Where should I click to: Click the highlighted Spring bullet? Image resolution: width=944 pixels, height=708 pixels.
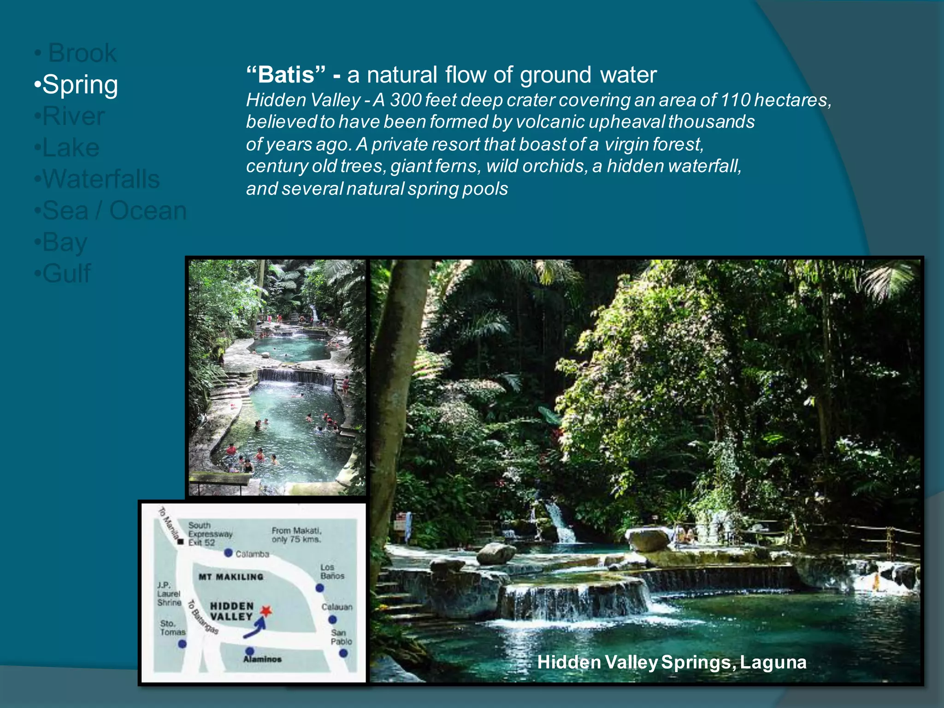pos(77,85)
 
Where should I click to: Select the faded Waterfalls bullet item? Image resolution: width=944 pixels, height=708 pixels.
pos(97,179)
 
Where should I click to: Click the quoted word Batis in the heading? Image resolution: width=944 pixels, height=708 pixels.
pos(286,75)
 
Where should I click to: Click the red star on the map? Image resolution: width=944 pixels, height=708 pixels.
pos(266,611)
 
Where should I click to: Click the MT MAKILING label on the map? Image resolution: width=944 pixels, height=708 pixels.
pos(231,577)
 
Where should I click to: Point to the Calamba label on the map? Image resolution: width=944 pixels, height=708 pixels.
pos(252,554)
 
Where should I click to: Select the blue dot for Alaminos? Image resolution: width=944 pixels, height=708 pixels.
pos(250,651)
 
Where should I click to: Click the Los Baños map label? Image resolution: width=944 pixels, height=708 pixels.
pos(332,572)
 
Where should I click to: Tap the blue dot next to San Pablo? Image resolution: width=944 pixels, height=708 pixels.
pos(343,653)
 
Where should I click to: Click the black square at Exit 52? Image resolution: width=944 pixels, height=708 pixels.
pos(181,542)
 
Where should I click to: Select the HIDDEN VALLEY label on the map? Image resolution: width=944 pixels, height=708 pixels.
pos(231,611)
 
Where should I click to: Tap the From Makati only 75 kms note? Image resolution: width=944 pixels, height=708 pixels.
pos(296,535)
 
